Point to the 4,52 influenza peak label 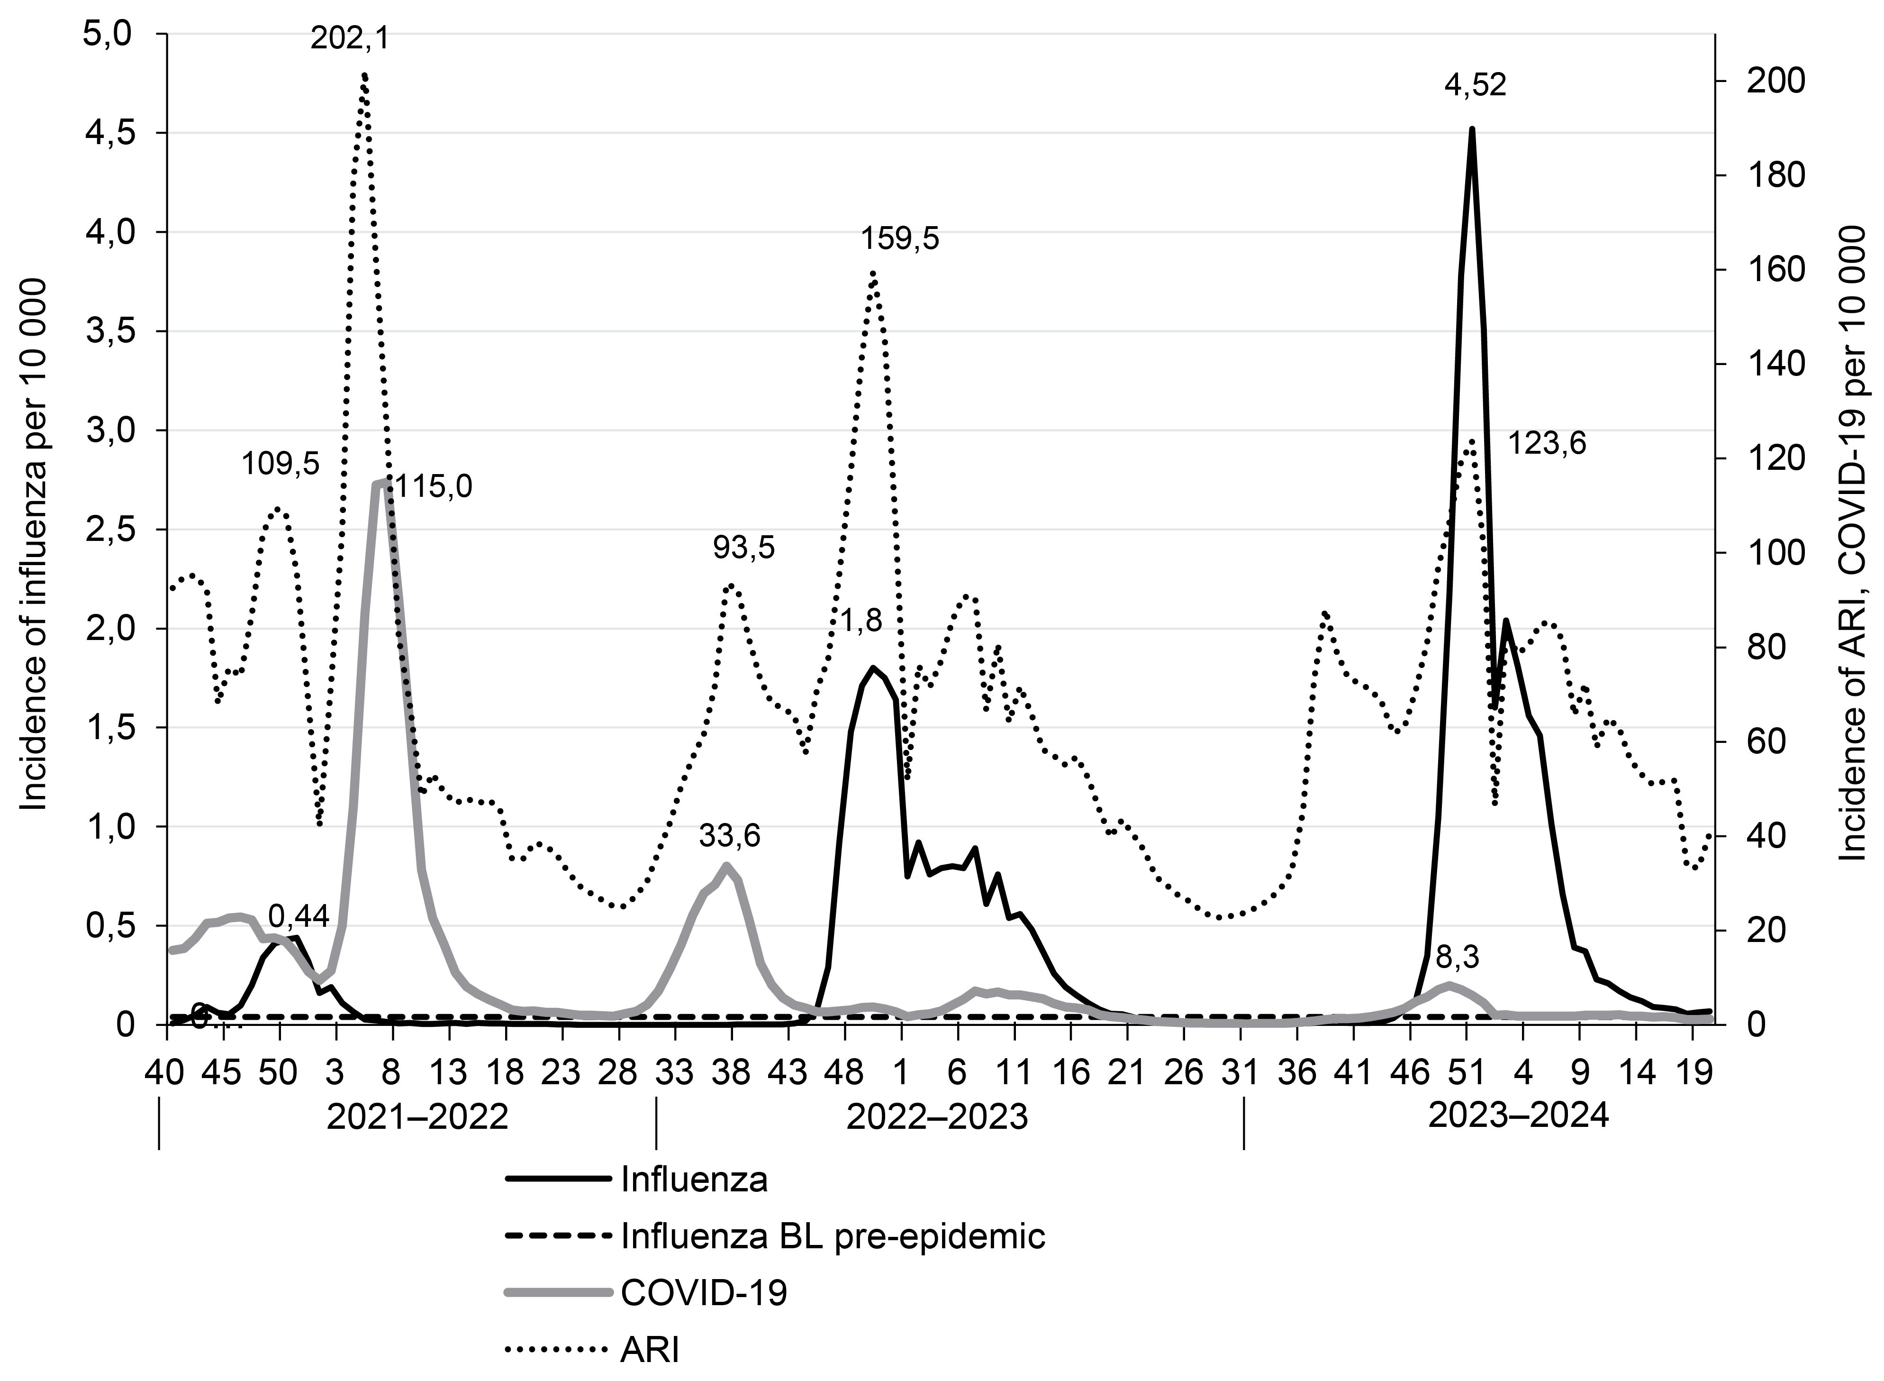(1476, 85)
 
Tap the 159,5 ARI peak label (900, 239)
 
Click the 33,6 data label (729, 835)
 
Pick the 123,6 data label (1547, 444)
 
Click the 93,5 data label (743, 549)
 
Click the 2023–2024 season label (1518, 1116)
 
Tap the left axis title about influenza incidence (34, 543)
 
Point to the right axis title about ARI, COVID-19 (1852, 543)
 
